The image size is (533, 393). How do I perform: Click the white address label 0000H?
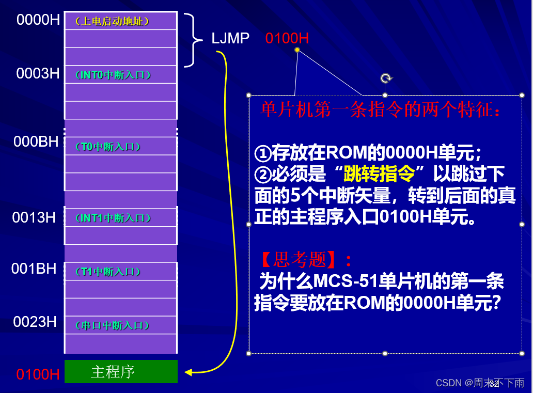pyautogui.click(x=38, y=20)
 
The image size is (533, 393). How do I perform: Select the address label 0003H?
pyautogui.click(x=38, y=73)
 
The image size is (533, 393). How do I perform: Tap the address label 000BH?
pyautogui.click(x=36, y=142)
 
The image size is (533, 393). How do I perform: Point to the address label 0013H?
pyautogui.click(x=34, y=217)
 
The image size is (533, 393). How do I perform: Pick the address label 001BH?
pyautogui.click(x=34, y=269)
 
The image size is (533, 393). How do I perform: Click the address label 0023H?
pyautogui.click(x=35, y=322)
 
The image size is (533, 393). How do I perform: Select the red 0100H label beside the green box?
pyautogui.click(x=38, y=374)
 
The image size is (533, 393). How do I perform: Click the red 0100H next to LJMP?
pyautogui.click(x=287, y=38)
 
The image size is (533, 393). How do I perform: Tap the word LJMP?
pyautogui.click(x=230, y=38)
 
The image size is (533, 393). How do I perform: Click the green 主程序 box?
pyautogui.click(x=121, y=372)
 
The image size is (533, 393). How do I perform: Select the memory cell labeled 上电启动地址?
pyautogui.click(x=120, y=21)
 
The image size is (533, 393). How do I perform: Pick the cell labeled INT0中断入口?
pyautogui.click(x=120, y=75)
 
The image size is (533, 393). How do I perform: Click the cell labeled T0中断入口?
pyautogui.click(x=120, y=147)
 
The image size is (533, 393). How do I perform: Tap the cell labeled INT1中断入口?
pyautogui.click(x=120, y=218)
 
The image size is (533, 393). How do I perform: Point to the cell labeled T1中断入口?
pyautogui.click(x=120, y=272)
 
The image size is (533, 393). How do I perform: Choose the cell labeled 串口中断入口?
pyautogui.click(x=120, y=325)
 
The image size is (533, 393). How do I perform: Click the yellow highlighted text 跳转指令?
pyautogui.click(x=379, y=175)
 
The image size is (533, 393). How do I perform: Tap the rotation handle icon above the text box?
pyautogui.click(x=385, y=78)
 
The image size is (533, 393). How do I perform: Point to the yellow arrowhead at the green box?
pyautogui.click(x=188, y=372)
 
